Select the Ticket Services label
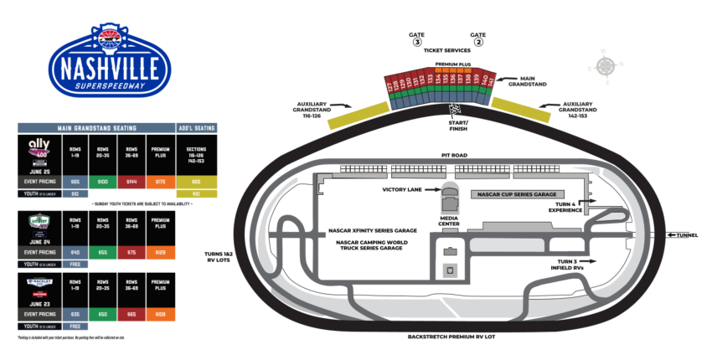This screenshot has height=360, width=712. point(446,51)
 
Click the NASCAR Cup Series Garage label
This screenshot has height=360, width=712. point(516,194)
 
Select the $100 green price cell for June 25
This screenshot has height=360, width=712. point(101,181)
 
